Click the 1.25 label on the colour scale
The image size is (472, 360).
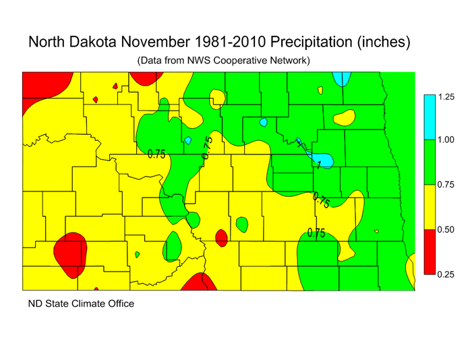(x=446, y=97)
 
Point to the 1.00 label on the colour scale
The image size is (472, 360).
(x=446, y=140)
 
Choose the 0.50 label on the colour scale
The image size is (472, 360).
(x=446, y=229)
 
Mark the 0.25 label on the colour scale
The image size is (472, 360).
(x=446, y=274)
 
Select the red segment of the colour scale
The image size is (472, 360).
(x=429, y=251)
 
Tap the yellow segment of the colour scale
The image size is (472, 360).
(x=429, y=206)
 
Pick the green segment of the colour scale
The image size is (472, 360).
(x=429, y=162)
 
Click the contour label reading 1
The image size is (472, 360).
(x=318, y=164)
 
